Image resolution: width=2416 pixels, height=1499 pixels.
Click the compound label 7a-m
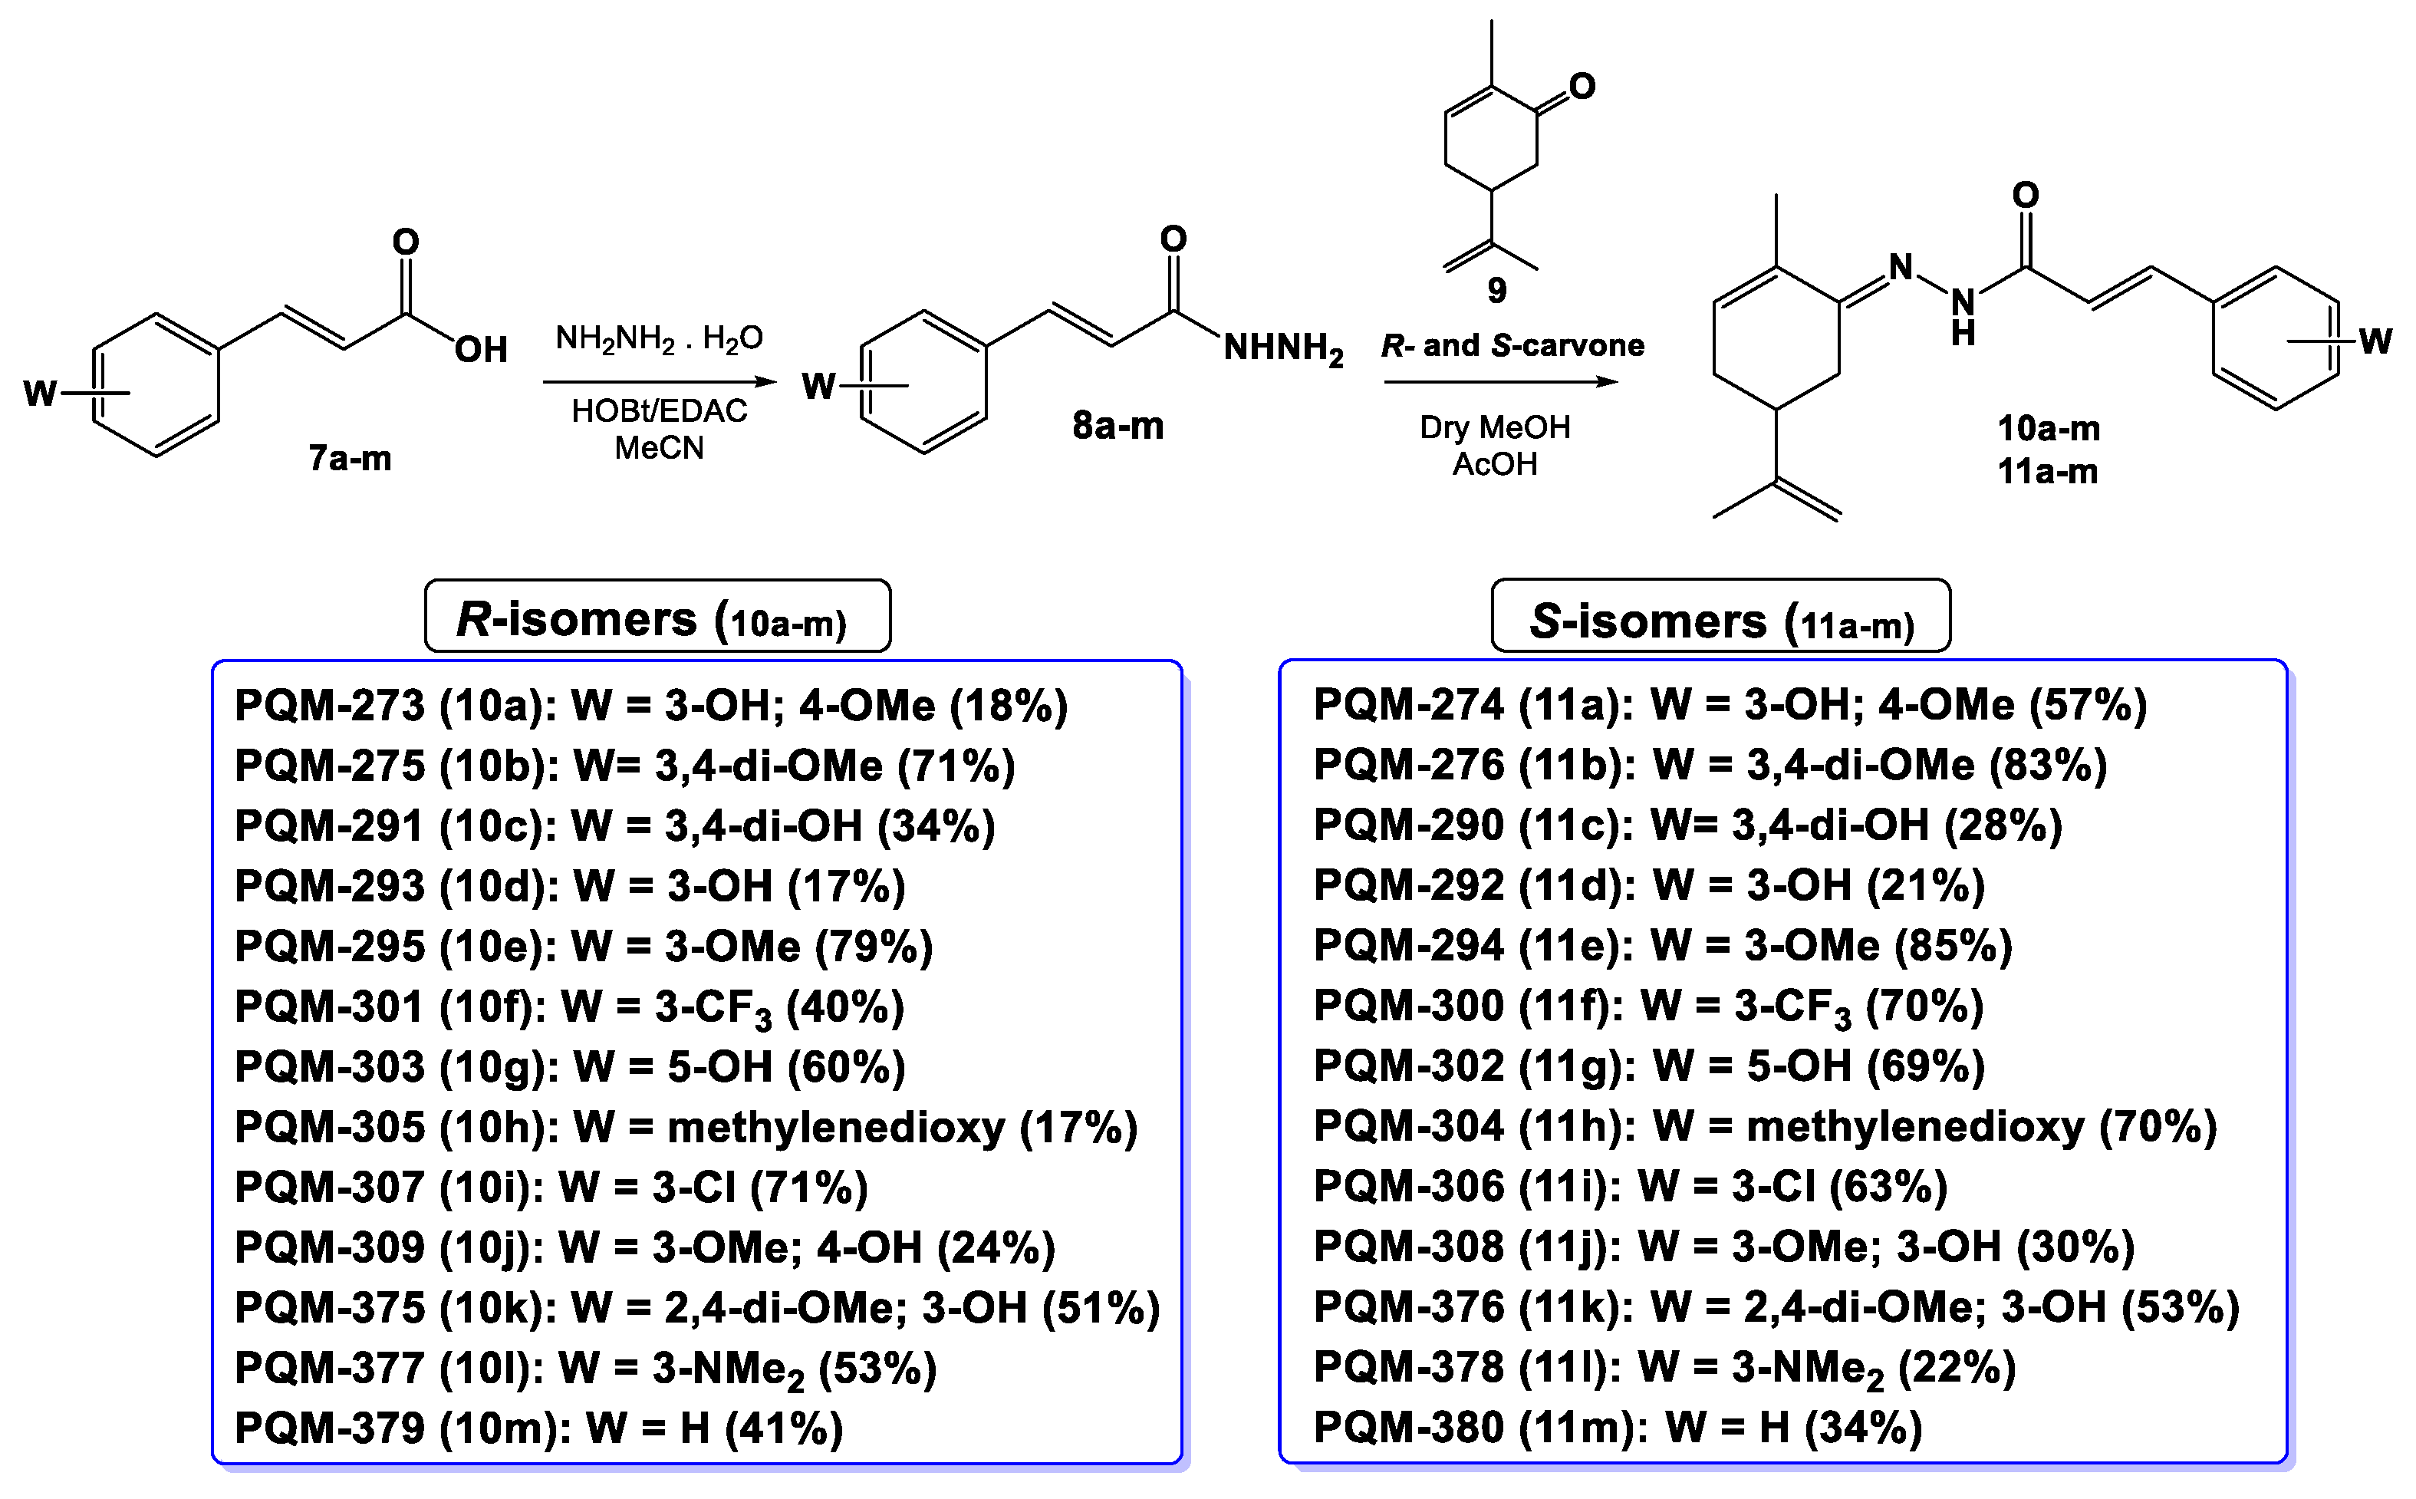pyautogui.click(x=350, y=458)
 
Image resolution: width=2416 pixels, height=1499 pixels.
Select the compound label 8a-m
pyautogui.click(x=1117, y=425)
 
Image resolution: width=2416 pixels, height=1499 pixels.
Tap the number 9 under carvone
pyautogui.click(x=1496, y=291)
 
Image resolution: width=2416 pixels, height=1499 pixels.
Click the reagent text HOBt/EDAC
pyautogui.click(x=659, y=410)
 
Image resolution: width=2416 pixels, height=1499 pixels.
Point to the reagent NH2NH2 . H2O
pyautogui.click(x=659, y=339)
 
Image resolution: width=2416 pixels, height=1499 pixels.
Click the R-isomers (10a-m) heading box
pyautogui.click(x=657, y=617)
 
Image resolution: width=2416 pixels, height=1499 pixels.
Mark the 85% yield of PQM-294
pyautogui.click(x=1952, y=945)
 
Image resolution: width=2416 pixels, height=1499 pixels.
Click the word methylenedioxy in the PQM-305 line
pyautogui.click(x=835, y=1127)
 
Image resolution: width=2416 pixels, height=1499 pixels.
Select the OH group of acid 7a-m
pyautogui.click(x=481, y=349)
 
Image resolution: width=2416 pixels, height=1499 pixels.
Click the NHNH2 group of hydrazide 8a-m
pyautogui.click(x=1282, y=348)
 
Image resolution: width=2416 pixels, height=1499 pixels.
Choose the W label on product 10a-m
pyautogui.click(x=2375, y=342)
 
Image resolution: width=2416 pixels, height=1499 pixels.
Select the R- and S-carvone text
pyautogui.click(x=1512, y=346)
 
